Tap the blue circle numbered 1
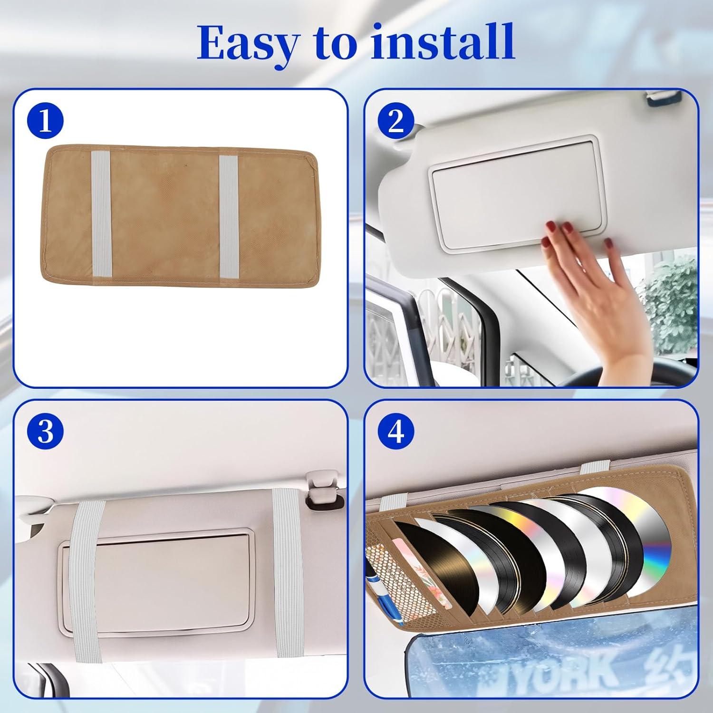point(45,122)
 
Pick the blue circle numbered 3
point(45,432)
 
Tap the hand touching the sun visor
point(585,266)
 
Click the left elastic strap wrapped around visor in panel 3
point(86,566)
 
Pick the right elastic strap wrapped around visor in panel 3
point(288,566)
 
